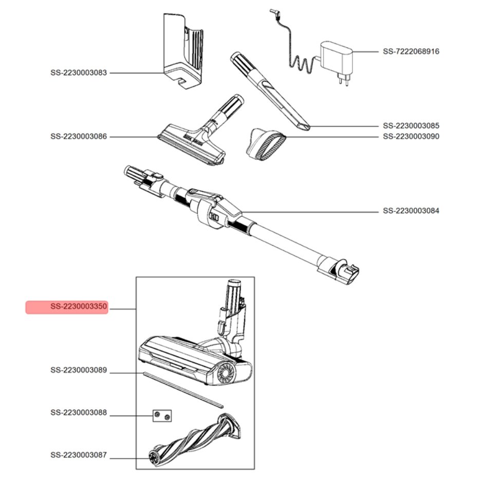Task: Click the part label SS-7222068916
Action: [411, 51]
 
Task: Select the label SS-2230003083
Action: [79, 73]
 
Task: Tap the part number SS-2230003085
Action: [411, 125]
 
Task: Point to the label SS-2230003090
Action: [411, 137]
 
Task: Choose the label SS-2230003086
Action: [79, 137]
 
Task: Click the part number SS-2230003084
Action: [411, 211]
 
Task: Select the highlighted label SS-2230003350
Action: [67, 307]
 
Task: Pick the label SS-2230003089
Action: [79, 370]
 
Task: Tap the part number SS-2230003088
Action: [79, 412]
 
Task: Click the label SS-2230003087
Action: [79, 455]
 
